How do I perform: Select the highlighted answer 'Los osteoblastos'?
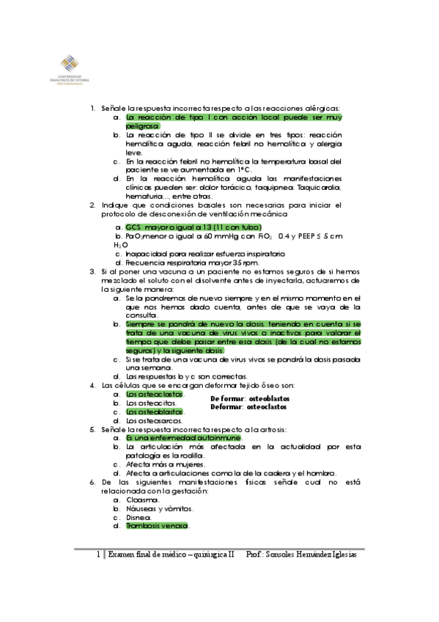pyautogui.click(x=155, y=411)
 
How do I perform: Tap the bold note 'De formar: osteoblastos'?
pyautogui.click(x=249, y=398)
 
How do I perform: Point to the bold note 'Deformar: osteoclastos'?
pyautogui.click(x=248, y=406)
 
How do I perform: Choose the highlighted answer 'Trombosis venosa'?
pyautogui.click(x=157, y=525)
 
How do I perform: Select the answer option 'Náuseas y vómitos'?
pyautogui.click(x=159, y=508)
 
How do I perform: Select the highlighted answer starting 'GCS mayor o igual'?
pyautogui.click(x=193, y=227)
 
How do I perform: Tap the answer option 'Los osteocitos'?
pyautogui.click(x=151, y=403)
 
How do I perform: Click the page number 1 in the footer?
pyautogui.click(x=98, y=555)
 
